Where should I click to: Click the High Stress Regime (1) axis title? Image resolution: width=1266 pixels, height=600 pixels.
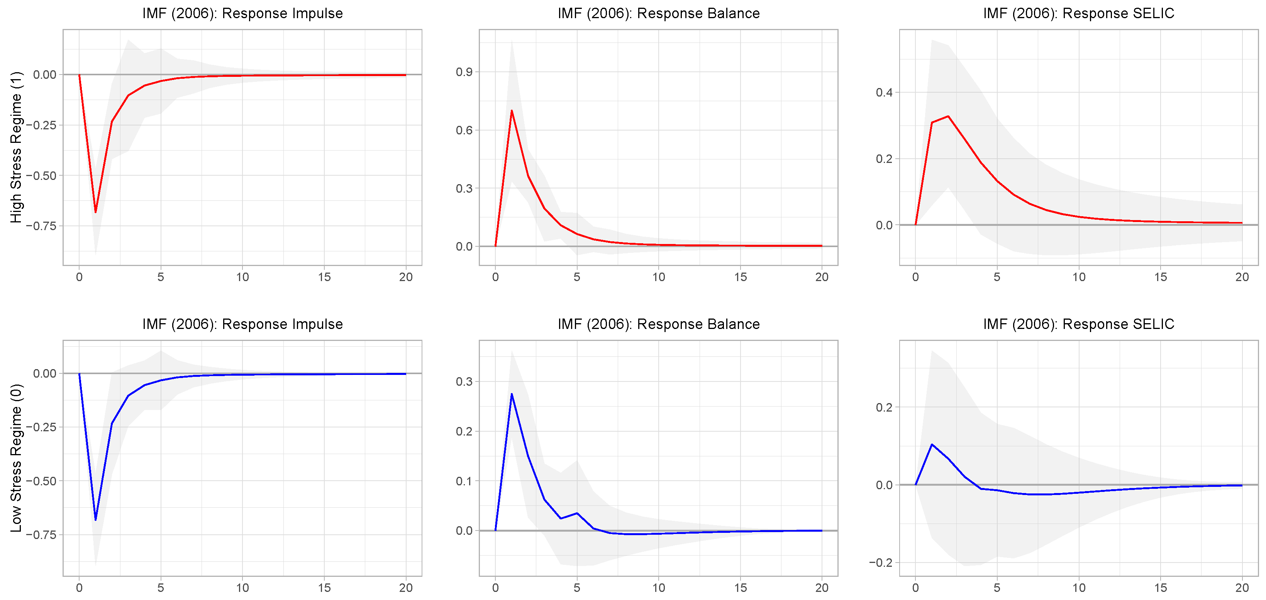16,147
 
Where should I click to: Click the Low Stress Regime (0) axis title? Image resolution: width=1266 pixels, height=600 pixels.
16,458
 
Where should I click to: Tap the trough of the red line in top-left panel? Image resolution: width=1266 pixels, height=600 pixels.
95,212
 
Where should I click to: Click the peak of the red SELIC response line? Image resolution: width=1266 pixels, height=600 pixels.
948,117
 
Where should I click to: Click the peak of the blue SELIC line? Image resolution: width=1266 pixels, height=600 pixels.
932,444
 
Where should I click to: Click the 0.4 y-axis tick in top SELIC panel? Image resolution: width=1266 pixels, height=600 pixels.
884,92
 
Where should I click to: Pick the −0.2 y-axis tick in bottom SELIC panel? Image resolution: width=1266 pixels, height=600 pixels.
880,563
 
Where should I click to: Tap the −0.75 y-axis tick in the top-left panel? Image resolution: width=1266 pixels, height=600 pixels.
41,226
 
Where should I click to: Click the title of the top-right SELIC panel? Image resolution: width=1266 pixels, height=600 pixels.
1078,13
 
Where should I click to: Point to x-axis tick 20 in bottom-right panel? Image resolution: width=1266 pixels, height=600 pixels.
1242,588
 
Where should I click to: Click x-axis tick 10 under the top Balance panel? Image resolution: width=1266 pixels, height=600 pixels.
659,277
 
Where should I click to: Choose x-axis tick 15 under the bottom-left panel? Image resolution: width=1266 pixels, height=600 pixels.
324,588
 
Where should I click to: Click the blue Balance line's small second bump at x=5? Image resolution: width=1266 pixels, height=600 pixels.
577,513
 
